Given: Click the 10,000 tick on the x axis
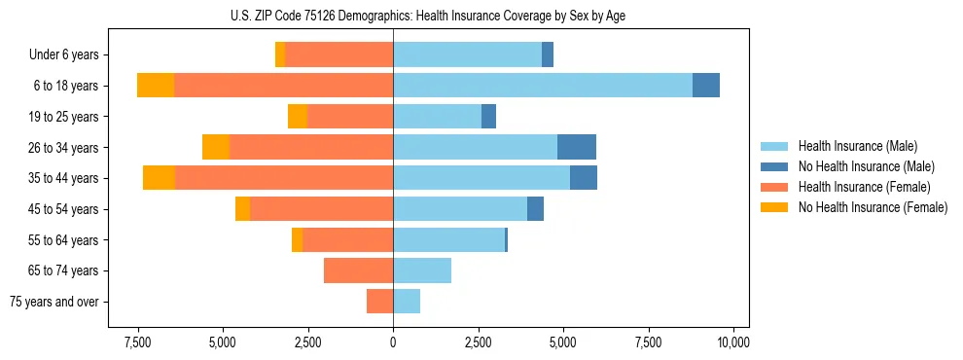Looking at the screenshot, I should (732, 342).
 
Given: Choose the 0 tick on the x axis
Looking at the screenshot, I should (393, 342).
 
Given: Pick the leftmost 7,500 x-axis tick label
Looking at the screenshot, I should (137, 342).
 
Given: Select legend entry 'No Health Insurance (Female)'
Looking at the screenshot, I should (873, 207).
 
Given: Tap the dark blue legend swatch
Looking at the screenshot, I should (774, 166).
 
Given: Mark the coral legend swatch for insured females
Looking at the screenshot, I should (774, 187).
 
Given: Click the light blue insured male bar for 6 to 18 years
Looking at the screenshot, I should (543, 86).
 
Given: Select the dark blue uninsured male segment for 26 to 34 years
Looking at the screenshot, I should (577, 147).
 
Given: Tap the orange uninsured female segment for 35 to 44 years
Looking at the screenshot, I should (159, 178).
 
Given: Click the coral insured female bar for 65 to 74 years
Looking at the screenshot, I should (358, 270).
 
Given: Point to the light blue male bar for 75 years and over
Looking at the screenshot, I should (407, 302).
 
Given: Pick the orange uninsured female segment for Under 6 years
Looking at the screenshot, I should (280, 54).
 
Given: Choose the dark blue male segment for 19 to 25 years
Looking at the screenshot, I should (488, 117).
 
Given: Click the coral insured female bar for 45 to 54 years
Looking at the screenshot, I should (322, 209).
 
